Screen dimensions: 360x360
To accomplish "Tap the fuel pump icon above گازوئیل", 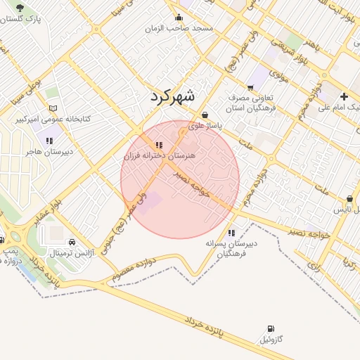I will click(x=271, y=329).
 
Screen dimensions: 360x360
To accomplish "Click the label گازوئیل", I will click(x=271, y=340).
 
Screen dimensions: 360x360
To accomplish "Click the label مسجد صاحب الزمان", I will click(x=179, y=29).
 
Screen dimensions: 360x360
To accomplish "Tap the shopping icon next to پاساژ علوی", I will click(x=205, y=115).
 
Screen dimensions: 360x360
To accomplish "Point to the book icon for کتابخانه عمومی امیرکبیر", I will click(x=53, y=109).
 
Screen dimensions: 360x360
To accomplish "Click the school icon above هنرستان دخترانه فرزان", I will click(x=167, y=145).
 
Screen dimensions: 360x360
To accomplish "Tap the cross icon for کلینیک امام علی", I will click(x=344, y=96).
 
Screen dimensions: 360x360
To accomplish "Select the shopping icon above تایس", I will click(x=350, y=199).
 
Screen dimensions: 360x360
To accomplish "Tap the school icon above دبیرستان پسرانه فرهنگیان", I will click(x=231, y=233).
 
